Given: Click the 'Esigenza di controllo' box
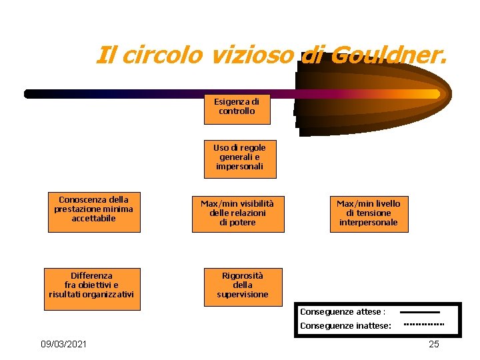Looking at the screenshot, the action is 237,107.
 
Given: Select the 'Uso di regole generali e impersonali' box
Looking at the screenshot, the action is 239,157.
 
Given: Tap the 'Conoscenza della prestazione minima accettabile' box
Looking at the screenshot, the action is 94,210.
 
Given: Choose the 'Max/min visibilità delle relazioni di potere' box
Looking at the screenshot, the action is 238,213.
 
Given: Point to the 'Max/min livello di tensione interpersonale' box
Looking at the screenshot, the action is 368,213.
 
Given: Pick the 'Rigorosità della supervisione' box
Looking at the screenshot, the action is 243,285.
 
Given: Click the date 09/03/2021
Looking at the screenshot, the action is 63,344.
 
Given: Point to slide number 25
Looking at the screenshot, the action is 434,344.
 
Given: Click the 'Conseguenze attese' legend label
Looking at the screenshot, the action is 343,312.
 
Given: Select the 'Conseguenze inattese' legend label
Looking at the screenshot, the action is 345,326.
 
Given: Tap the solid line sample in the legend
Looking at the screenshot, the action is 419,312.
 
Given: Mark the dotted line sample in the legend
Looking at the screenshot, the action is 424,325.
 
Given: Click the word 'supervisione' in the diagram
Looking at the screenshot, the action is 243,295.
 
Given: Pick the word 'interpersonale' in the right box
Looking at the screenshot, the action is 368,223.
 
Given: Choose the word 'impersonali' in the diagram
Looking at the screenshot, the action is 239,167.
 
